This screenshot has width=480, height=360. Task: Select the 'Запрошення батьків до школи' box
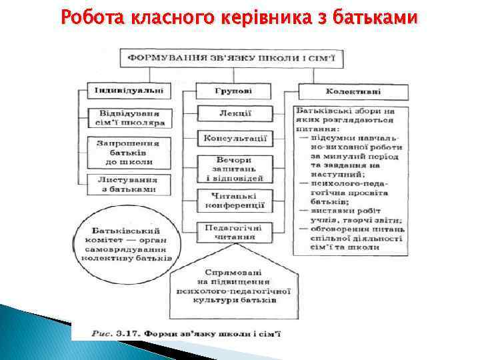coord(128,151)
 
